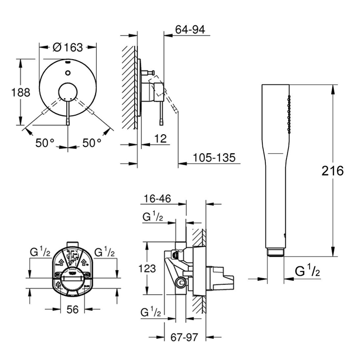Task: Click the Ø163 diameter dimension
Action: [x=68, y=47]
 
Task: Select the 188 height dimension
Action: [x=21, y=92]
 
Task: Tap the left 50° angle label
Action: [x=45, y=143]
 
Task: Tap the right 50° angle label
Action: [x=93, y=143]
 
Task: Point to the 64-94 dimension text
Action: [x=190, y=30]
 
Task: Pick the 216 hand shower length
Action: [x=332, y=171]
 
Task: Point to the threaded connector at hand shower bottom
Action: [x=275, y=252]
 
